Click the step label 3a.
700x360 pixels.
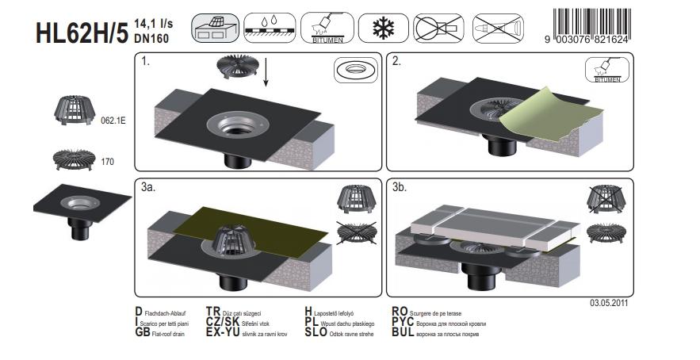pyautogui.click(x=148, y=188)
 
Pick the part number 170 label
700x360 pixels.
pyautogui.click(x=108, y=161)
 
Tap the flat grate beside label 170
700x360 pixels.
pyautogui.click(x=73, y=159)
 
